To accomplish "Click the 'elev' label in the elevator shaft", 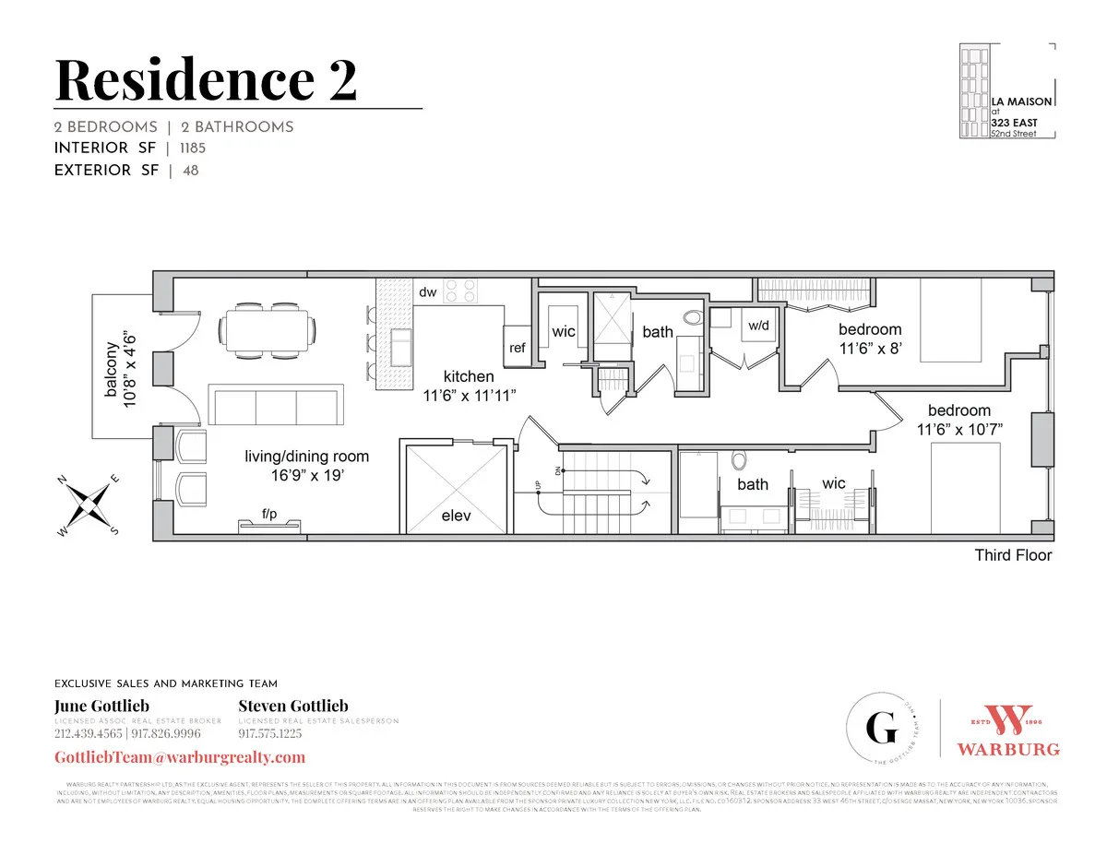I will click(x=456, y=516).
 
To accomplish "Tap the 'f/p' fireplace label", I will click(x=269, y=513).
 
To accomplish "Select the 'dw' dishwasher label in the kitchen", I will click(x=428, y=292).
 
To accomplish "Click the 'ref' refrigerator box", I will click(x=518, y=348).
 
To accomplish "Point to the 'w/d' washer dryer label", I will click(x=759, y=326).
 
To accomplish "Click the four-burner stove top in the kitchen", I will click(x=460, y=291).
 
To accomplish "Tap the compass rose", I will click(x=89, y=505).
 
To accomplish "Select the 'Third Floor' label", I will click(x=1013, y=555).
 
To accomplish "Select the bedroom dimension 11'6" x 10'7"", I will click(x=959, y=429).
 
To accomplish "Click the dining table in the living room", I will click(x=268, y=329).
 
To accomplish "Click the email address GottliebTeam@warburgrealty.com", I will click(x=179, y=757).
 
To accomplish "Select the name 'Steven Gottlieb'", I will click(x=293, y=707).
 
